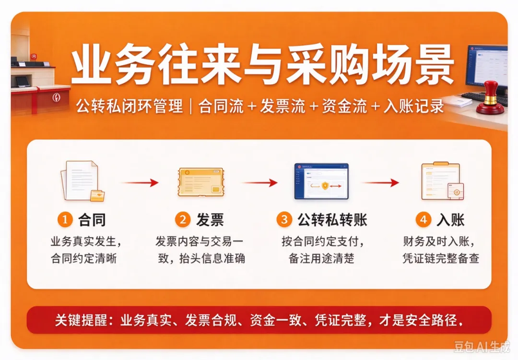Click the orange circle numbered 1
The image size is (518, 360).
coord(65,219)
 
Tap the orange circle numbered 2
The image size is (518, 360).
coord(183,219)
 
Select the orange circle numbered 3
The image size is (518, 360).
coord(284,219)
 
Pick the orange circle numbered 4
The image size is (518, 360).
coord(423,219)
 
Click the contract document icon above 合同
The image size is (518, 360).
coord(82,181)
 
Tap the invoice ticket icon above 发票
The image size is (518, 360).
coord(201,182)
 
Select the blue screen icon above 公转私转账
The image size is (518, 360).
coord(321,181)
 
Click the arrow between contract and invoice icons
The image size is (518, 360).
coord(140,182)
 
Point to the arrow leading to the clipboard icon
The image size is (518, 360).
coord(380,182)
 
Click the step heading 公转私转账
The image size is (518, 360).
coord(332,220)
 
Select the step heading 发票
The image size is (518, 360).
coord(210,220)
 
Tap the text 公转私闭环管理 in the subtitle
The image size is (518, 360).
coord(129,106)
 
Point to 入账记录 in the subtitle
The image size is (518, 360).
coord(413,106)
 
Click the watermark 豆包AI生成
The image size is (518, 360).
coord(482,347)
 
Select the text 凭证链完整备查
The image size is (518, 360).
coord(441,258)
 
